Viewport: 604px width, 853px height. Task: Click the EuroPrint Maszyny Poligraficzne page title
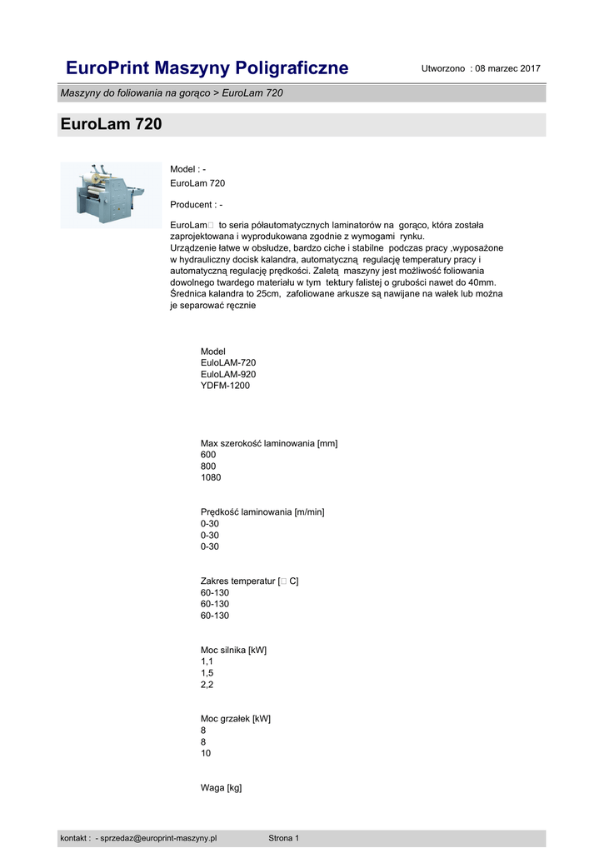click(207, 67)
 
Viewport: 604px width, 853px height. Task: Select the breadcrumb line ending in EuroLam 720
click(172, 92)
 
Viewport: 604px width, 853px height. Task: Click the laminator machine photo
click(110, 195)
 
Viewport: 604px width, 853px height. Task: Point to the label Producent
click(196, 205)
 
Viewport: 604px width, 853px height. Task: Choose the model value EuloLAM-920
click(228, 374)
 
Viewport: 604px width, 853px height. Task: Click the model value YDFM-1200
click(225, 386)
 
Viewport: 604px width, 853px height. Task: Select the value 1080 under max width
click(211, 478)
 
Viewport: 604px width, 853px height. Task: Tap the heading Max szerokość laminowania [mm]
click(269, 443)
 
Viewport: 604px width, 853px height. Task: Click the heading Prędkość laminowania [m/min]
click(262, 511)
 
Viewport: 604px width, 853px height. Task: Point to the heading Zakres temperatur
click(249, 581)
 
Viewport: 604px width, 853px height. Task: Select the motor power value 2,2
click(207, 684)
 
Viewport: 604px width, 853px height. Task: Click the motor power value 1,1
click(207, 661)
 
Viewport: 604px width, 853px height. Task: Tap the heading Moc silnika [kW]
click(233, 649)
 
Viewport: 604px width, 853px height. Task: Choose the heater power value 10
click(206, 753)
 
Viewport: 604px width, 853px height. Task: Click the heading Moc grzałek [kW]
click(236, 718)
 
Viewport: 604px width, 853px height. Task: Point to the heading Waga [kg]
click(221, 787)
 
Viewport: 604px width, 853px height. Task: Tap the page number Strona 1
click(283, 838)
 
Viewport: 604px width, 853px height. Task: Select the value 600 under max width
click(208, 455)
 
